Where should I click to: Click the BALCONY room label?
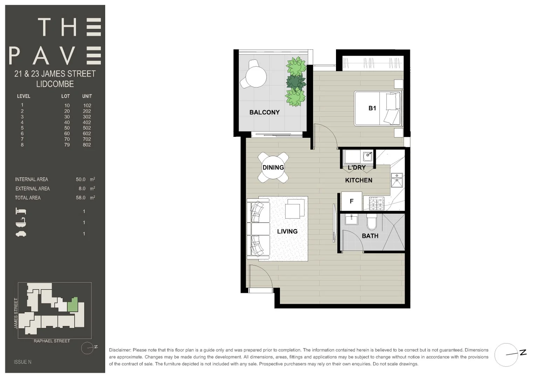[265, 112]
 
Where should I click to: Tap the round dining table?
[273, 167]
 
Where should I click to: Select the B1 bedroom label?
[372, 108]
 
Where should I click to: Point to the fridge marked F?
[351, 201]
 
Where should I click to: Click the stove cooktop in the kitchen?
[377, 204]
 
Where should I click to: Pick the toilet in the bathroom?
[371, 221]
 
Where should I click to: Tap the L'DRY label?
[357, 167]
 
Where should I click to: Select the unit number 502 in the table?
[87, 128]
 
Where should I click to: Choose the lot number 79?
[67, 145]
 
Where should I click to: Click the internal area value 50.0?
[81, 179]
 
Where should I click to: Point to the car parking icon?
[21, 234]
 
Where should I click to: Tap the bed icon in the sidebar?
[21, 211]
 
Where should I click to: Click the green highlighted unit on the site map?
[73, 305]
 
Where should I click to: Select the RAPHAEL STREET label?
[52, 341]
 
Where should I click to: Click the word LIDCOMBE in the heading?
[55, 84]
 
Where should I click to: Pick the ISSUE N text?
[22, 362]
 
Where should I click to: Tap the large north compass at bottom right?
[507, 355]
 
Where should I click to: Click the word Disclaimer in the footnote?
[120, 350]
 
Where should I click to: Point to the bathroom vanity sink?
[351, 220]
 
